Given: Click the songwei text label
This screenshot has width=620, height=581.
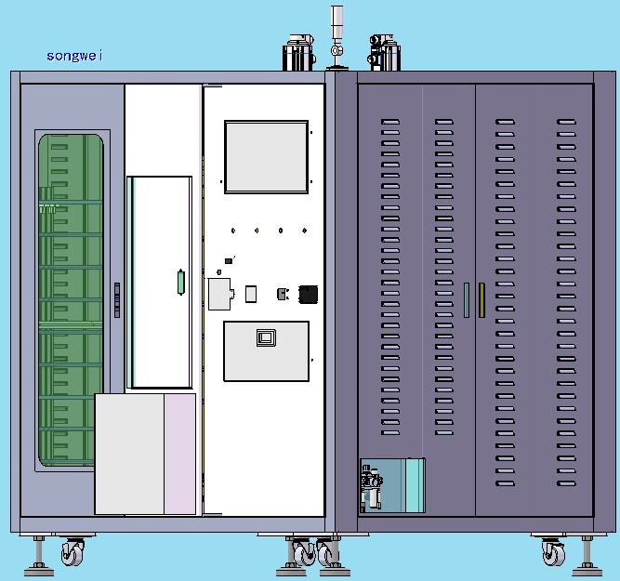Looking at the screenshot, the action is click(x=74, y=56).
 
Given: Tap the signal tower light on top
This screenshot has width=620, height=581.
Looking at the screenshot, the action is click(x=336, y=37).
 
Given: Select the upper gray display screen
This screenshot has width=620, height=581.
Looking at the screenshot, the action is click(x=266, y=157).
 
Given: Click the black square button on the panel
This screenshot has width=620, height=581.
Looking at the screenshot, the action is click(x=308, y=295).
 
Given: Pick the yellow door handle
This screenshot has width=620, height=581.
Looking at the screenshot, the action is click(x=481, y=299).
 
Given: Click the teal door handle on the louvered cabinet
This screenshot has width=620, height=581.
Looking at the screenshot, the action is click(x=467, y=299).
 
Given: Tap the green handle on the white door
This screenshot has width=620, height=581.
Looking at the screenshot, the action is click(x=180, y=282).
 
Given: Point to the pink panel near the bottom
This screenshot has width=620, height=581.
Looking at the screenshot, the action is click(x=180, y=454).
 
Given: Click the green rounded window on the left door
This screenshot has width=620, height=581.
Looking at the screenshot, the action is click(x=71, y=300).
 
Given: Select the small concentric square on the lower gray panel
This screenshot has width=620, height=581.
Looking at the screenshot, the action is click(x=266, y=337).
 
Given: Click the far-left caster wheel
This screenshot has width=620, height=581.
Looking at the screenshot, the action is click(x=73, y=551).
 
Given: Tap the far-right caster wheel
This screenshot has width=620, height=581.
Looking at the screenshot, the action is click(x=553, y=551).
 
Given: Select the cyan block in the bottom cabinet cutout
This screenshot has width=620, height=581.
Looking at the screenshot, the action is click(x=415, y=485).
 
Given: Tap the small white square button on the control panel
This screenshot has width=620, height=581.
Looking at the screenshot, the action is click(x=251, y=295).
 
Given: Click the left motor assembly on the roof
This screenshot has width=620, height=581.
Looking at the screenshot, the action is click(x=299, y=53).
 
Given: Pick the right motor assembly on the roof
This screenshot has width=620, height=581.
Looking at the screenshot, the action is click(x=384, y=53).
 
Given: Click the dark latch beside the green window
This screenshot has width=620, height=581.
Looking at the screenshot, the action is click(x=117, y=299).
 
